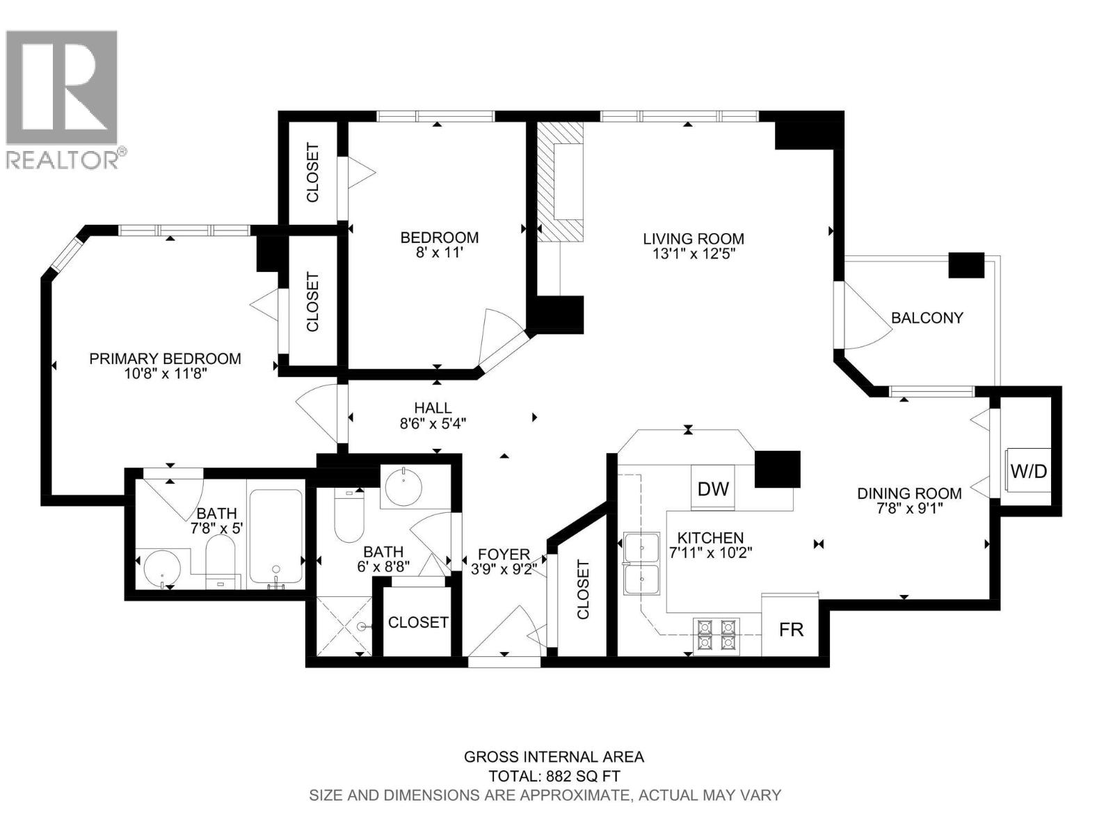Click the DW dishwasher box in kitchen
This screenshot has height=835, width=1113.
[712, 488]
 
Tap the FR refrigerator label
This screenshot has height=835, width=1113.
[791, 630]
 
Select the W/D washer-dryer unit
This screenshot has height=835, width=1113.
[1028, 471]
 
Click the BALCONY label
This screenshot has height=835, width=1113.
[927, 318]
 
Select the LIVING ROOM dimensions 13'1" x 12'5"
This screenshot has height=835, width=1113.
[689, 254]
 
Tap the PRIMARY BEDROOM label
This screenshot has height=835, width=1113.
[165, 358]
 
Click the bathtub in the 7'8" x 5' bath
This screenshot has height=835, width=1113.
[275, 536]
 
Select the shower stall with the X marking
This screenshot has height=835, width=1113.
[344, 626]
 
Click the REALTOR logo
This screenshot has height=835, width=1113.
[63, 97]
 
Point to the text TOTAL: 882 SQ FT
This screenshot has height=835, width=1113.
[554, 776]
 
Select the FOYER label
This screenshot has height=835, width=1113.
[504, 555]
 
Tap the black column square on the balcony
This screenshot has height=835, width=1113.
[967, 265]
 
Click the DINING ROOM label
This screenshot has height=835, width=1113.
[909, 493]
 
